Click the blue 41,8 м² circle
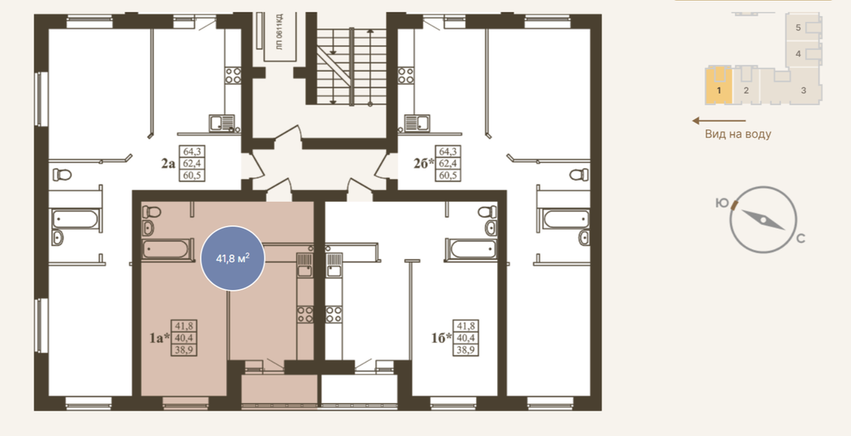(x=232, y=258)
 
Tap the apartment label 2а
(x=169, y=163)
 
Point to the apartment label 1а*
(x=159, y=338)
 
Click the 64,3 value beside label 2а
(x=192, y=151)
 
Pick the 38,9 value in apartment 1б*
(x=466, y=350)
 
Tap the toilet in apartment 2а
(x=62, y=174)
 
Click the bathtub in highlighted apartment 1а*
(x=168, y=250)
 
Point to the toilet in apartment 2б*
(x=579, y=174)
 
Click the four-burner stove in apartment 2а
(x=232, y=75)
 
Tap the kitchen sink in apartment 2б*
(x=414, y=123)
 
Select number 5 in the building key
(x=797, y=28)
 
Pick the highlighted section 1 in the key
(x=719, y=87)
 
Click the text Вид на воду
(x=738, y=133)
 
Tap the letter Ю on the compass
(x=721, y=203)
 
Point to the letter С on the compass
(x=801, y=239)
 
